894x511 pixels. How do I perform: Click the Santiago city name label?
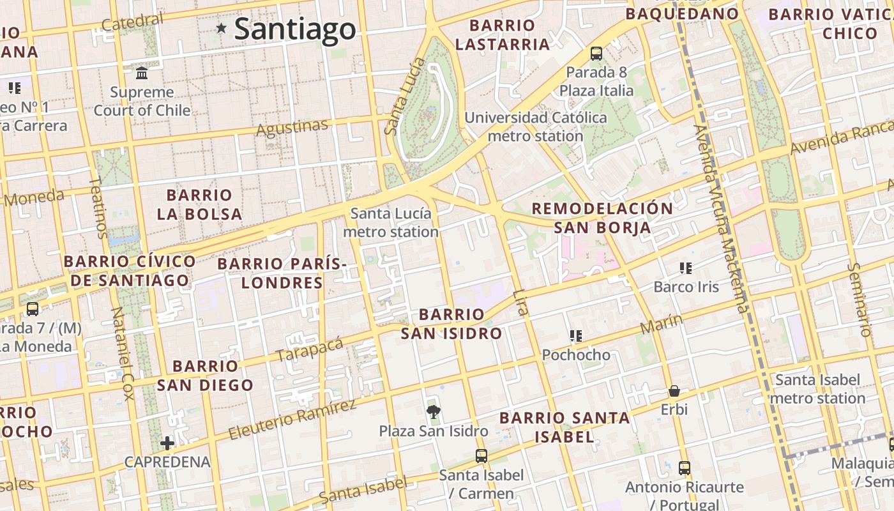click(x=294, y=29)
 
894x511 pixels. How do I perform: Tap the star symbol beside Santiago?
click(x=222, y=28)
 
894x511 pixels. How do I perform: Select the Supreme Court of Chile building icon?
click(x=142, y=73)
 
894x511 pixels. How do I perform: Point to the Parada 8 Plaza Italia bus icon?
click(x=596, y=54)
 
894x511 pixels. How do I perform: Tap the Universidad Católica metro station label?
click(x=535, y=126)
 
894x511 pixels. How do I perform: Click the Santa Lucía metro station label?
click(x=391, y=222)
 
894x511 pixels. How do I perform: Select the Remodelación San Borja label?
click(x=602, y=218)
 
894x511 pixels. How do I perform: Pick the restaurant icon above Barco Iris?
click(x=686, y=268)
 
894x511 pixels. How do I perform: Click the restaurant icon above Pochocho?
click(x=576, y=336)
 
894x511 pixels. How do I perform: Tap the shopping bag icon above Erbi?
click(x=674, y=391)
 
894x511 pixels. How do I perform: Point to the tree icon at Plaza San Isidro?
click(x=434, y=411)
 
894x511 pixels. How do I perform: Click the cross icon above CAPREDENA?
click(x=167, y=443)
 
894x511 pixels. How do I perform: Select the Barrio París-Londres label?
click(x=282, y=273)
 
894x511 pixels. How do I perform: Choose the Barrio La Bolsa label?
click(x=199, y=204)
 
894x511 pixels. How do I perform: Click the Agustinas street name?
click(x=292, y=127)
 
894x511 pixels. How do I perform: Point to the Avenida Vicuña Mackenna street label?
click(x=720, y=217)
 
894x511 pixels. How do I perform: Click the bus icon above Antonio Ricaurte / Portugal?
click(x=685, y=468)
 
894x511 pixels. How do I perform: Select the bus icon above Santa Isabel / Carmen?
click(x=481, y=456)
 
